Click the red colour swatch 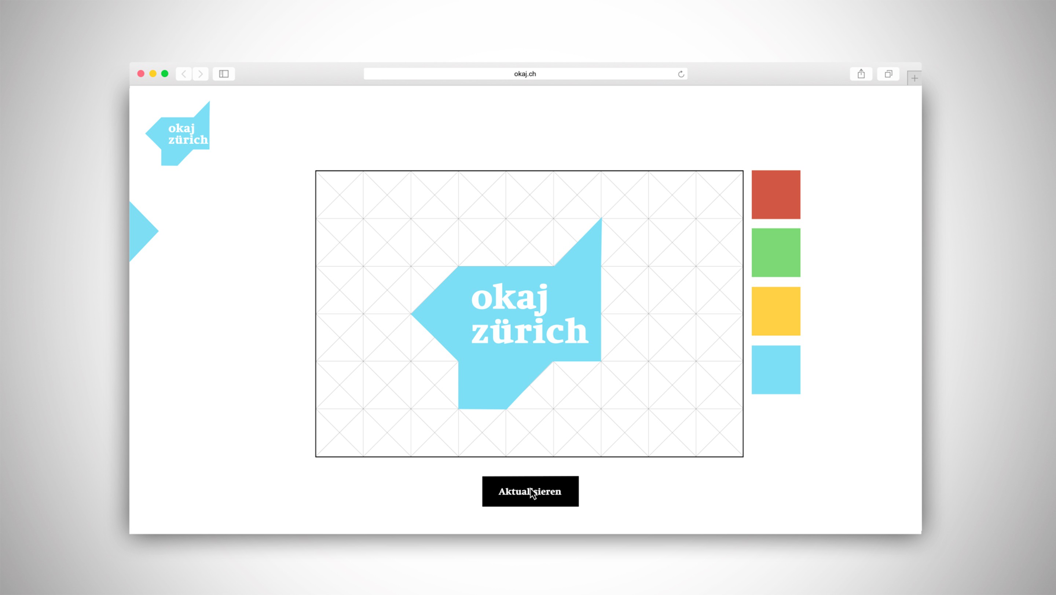tap(775, 194)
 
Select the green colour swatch tap(775, 253)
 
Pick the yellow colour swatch tap(775, 311)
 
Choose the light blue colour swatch tap(775, 370)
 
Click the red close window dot tap(140, 74)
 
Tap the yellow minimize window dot tap(153, 74)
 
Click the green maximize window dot tap(165, 74)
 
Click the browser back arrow tap(184, 74)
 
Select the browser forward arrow tap(201, 74)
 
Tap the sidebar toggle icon tap(224, 74)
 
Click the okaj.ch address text tap(525, 74)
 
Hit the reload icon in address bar tap(681, 74)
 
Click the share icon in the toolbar tap(861, 74)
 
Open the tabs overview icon tap(888, 74)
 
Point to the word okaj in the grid tap(510, 297)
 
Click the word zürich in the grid tap(529, 331)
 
